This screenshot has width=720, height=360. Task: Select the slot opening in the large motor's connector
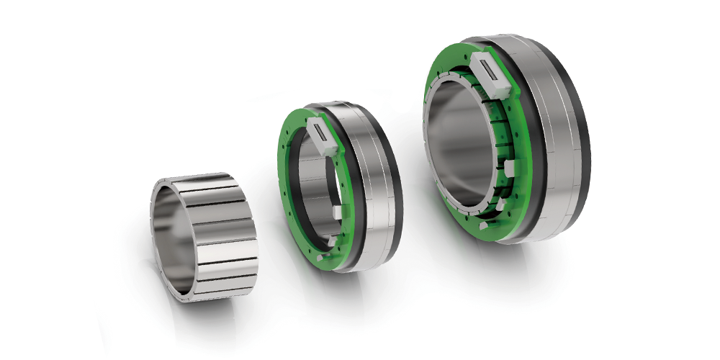point(492,71)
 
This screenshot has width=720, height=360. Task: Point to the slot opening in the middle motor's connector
point(321,131)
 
